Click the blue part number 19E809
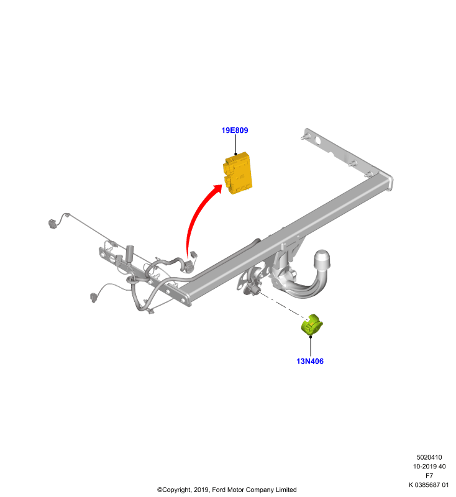coord(234,130)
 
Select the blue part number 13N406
coord(310,361)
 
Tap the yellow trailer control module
coord(238,173)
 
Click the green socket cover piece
coord(312,324)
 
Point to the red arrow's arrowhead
coord(217,188)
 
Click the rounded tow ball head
coord(322,259)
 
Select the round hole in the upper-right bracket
coord(317,140)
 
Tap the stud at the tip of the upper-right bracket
coord(304,137)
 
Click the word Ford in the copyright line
coord(218,490)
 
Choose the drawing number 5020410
coord(429,457)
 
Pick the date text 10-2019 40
coord(429,467)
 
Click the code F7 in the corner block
coord(429,475)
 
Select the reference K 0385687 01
coord(429,485)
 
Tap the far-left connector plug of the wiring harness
coord(52,224)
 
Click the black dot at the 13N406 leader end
coord(311,337)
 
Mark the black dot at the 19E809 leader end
coord(235,154)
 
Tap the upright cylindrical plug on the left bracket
coord(130,253)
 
